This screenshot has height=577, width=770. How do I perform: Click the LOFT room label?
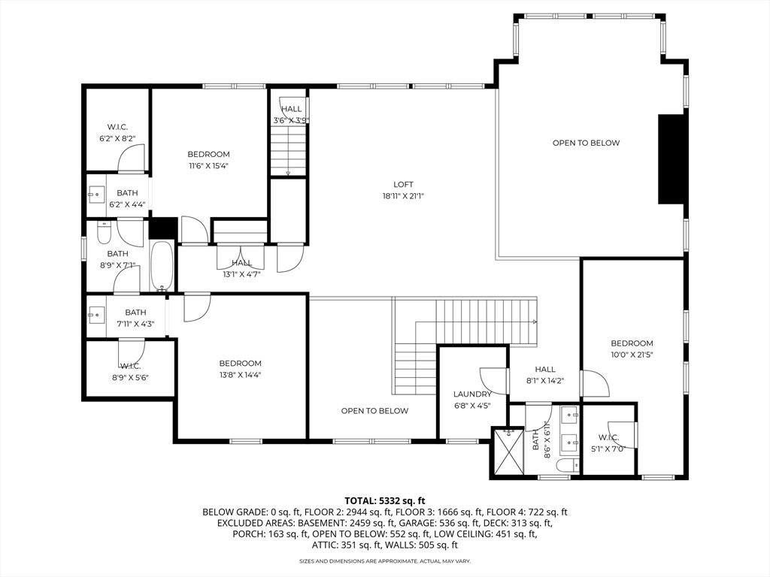403,185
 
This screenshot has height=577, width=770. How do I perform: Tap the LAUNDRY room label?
472,394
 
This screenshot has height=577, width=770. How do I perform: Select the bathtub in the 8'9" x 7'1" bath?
161,266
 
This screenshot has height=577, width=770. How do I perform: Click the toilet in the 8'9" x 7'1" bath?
104,233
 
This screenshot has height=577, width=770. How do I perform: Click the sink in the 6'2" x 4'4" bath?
96,195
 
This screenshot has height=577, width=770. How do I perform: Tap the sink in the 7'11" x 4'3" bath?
97,313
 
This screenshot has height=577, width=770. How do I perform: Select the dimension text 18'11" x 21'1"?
403,196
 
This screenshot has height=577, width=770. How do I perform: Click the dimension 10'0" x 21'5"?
632,355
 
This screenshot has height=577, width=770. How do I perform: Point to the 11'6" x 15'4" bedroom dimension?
209,166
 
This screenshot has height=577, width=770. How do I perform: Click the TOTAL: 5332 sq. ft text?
385,501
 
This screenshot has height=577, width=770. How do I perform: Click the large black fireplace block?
671,159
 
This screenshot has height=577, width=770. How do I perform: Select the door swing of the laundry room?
492,381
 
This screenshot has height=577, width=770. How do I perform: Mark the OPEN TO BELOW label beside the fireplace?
586,143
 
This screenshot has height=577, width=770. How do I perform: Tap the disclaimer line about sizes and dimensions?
385,560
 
